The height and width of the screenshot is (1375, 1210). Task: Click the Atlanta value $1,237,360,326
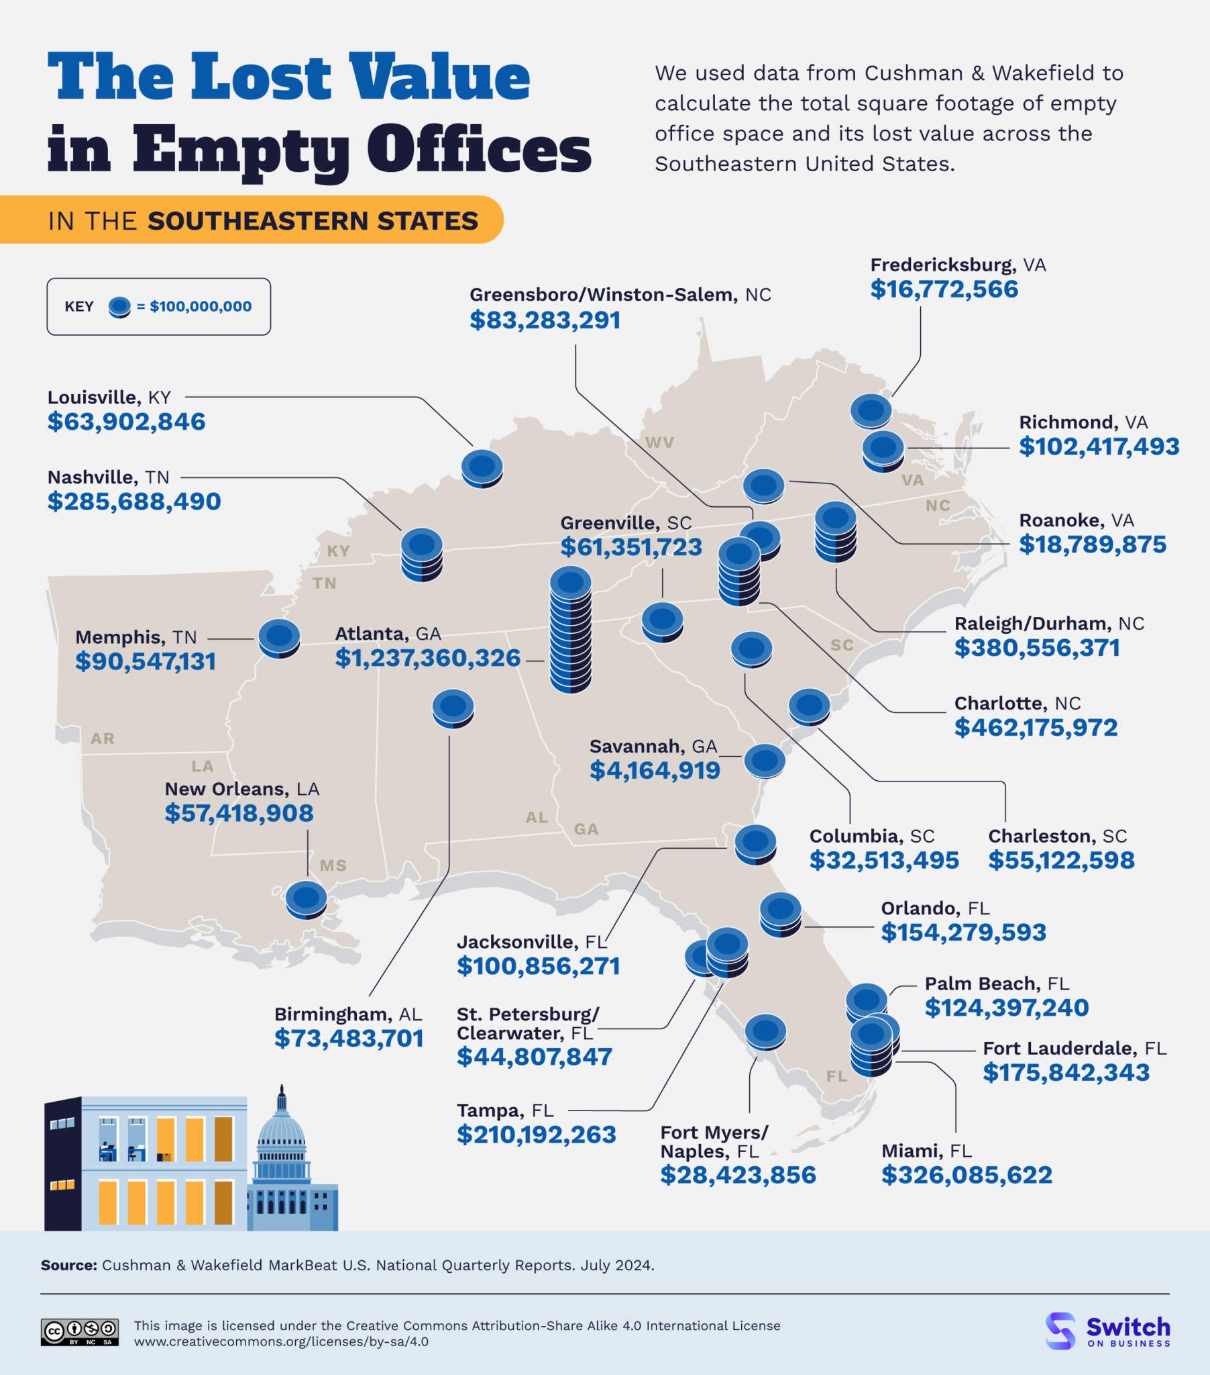[x=427, y=658]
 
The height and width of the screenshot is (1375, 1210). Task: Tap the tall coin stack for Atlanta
[x=571, y=630]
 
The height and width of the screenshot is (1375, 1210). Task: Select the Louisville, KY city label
[x=109, y=397]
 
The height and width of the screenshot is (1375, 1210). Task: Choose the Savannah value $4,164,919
[x=655, y=770]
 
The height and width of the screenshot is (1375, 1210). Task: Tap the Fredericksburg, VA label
[x=958, y=265]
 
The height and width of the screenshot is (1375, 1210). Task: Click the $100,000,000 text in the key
[x=201, y=307]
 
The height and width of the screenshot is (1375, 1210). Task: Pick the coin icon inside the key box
[x=119, y=307]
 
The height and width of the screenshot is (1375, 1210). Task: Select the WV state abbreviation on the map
[x=659, y=442]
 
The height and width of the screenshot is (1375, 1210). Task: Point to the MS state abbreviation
[x=333, y=866]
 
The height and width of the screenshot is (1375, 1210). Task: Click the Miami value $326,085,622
[x=967, y=1175]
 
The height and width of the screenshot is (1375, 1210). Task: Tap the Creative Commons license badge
[x=80, y=1332]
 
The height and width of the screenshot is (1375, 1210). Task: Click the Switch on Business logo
[x=1108, y=1331]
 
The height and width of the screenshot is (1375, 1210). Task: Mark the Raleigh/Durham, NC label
[x=1048, y=624]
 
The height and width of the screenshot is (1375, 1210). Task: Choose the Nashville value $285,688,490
[x=133, y=502]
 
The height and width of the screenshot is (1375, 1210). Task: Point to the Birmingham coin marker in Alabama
[x=453, y=708]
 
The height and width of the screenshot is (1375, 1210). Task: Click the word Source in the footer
[x=68, y=1266]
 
